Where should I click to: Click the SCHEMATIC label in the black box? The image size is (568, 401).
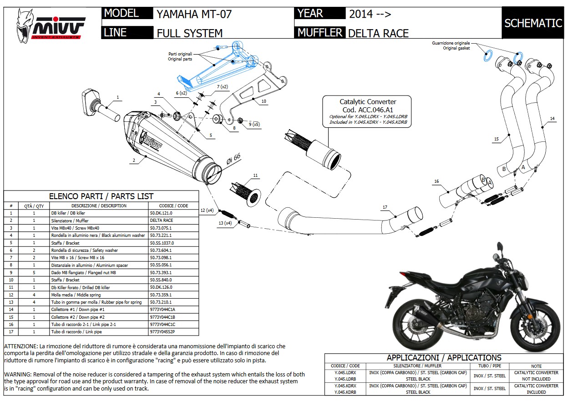coord(533,23)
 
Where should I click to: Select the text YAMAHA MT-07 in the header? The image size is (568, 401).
coord(194,14)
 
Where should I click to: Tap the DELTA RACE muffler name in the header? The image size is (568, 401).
coord(378,33)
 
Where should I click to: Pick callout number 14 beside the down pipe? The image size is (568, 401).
coord(552,119)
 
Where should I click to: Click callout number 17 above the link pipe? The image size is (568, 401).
coord(385,207)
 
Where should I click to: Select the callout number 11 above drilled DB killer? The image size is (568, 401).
coord(255,175)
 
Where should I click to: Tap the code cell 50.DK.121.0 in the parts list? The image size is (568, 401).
coord(162,213)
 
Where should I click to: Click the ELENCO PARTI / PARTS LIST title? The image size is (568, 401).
coord(101,196)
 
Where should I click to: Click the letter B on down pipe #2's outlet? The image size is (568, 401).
coord(504,169)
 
